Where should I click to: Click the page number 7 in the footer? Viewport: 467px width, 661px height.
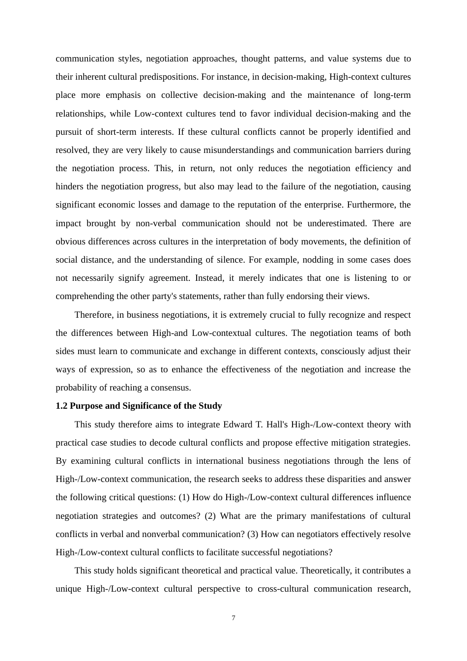point(233,618)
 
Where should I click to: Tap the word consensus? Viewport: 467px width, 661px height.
point(172,388)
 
